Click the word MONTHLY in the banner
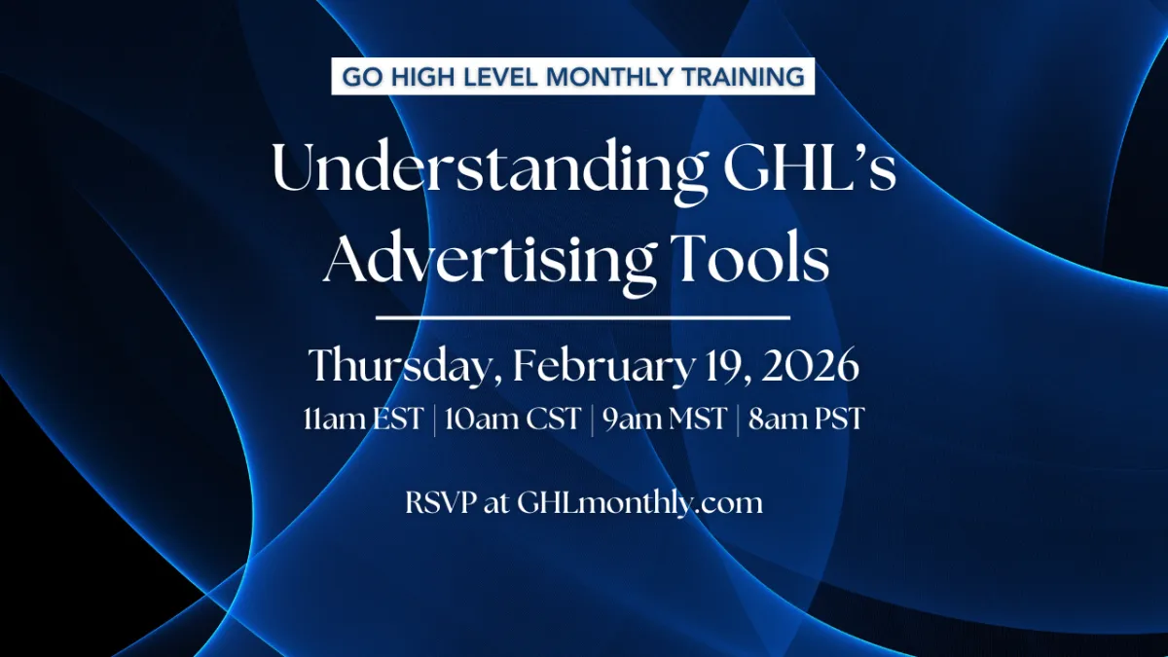tap(609, 77)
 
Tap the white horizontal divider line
tap(582, 317)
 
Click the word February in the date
tap(603, 365)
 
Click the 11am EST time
tap(363, 419)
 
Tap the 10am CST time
tap(513, 419)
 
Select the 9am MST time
tap(665, 419)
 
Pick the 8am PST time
tap(807, 419)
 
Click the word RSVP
tap(441, 503)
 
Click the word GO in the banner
tap(362, 77)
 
